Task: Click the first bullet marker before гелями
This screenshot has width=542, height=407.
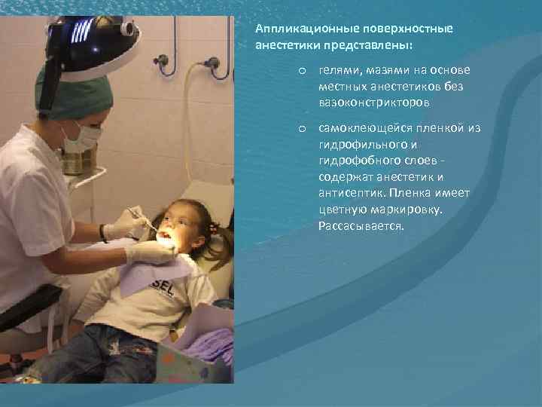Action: click(300, 70)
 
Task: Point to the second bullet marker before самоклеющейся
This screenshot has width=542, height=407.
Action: click(300, 129)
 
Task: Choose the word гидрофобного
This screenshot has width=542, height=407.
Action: click(357, 161)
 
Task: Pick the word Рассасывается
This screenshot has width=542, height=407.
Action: click(361, 225)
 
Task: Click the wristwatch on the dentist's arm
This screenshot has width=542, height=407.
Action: click(102, 232)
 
